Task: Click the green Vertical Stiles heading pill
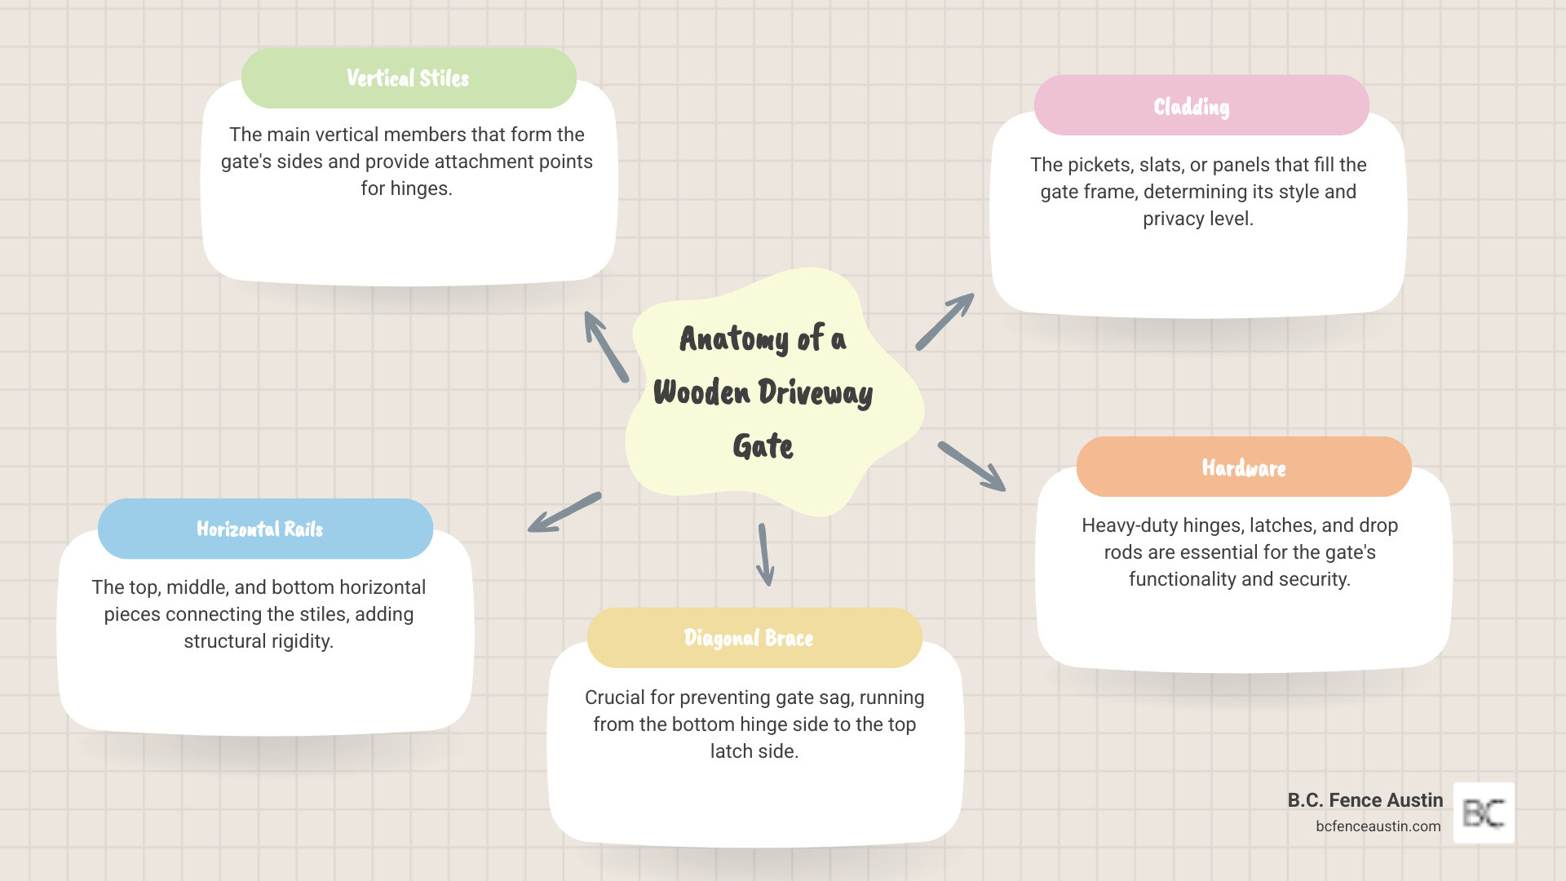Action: [x=409, y=78]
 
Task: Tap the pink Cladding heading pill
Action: [x=1201, y=106]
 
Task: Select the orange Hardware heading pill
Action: [x=1243, y=467]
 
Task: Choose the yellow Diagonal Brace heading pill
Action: [x=754, y=638]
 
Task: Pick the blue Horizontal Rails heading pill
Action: [x=265, y=529]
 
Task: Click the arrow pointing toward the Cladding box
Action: [x=944, y=322]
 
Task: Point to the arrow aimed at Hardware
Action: [x=971, y=467]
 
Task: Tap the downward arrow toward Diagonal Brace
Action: [x=765, y=555]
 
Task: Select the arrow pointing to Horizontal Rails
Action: [x=564, y=512]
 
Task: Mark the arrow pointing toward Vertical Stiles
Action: [x=606, y=347]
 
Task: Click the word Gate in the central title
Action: [x=763, y=446]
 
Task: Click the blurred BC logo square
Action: [x=1484, y=813]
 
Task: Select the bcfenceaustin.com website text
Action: [x=1378, y=826]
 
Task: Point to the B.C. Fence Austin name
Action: [x=1365, y=800]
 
